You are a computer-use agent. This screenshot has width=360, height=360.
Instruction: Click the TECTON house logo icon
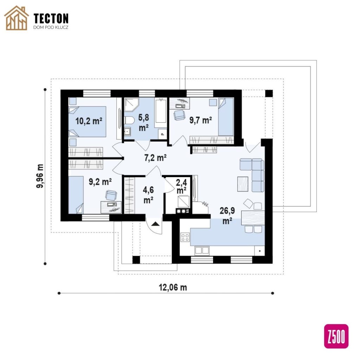point(17,18)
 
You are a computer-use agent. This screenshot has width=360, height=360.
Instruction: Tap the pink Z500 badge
point(336,336)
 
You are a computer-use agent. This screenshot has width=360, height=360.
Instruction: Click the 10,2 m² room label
point(89,121)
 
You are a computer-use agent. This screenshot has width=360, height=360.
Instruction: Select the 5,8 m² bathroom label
point(143,123)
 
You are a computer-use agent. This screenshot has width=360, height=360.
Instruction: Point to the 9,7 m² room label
point(200,120)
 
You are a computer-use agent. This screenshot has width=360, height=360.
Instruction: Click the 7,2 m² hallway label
point(155,158)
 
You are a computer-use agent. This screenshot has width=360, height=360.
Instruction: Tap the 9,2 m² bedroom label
point(100,182)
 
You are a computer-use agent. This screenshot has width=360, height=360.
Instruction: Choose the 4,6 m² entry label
point(148,195)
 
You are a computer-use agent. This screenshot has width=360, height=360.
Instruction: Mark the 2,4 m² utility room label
point(181,186)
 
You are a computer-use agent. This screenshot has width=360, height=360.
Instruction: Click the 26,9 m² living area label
point(227,216)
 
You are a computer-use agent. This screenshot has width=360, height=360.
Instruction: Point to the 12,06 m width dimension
point(173,287)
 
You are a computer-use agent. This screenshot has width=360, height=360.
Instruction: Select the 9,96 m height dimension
point(40,176)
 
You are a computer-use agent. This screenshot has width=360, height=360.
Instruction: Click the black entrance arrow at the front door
point(155,224)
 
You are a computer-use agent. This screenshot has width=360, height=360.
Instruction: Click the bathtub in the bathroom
point(161,111)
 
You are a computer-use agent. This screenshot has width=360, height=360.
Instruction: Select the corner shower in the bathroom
point(131,104)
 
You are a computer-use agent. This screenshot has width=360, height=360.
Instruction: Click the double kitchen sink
point(202,250)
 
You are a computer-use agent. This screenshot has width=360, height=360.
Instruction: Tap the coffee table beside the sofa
point(243,184)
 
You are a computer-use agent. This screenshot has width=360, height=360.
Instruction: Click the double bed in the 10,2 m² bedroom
point(88,122)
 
